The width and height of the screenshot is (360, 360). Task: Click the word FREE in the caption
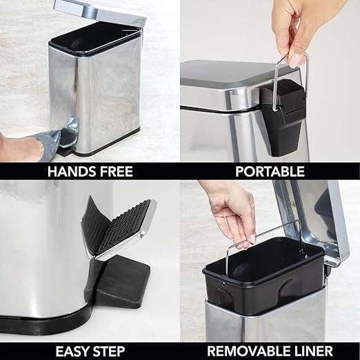(x=112, y=171)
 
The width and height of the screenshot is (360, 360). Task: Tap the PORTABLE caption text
(x=270, y=171)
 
